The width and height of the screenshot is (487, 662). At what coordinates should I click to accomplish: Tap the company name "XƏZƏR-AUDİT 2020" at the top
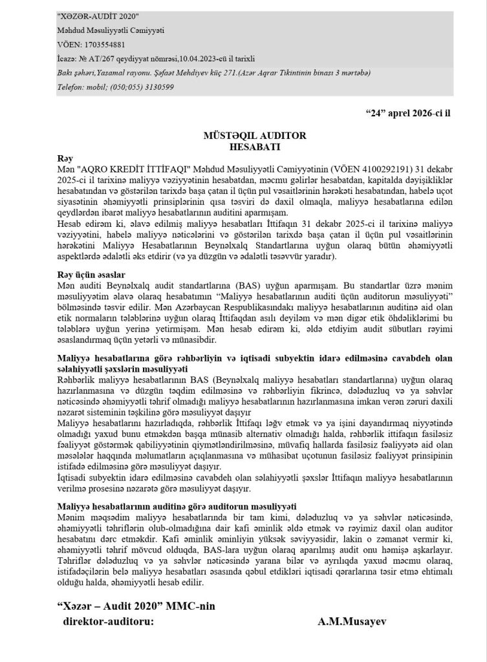click(98, 16)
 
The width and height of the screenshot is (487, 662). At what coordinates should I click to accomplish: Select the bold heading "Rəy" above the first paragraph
click(65, 157)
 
